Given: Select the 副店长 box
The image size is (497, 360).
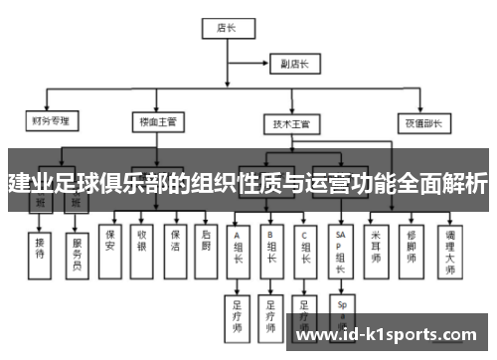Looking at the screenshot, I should click(x=295, y=65).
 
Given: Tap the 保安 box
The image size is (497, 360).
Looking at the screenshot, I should click(x=110, y=240).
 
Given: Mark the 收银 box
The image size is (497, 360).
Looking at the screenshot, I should click(x=142, y=240).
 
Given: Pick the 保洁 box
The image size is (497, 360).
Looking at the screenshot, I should click(x=175, y=240).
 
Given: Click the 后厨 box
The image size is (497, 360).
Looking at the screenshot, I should click(x=206, y=240).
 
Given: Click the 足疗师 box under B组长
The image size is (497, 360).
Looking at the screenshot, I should click(x=271, y=314).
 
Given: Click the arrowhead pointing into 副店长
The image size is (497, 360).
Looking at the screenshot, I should click(x=270, y=65).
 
